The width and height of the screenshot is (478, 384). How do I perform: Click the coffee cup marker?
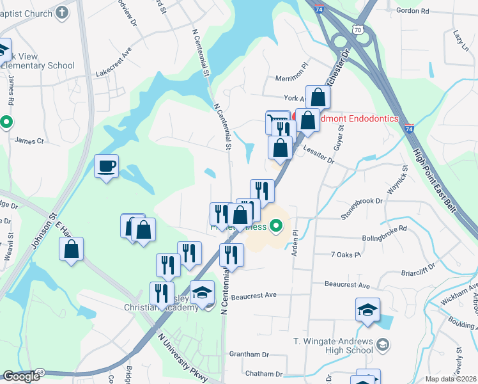tap(106, 167)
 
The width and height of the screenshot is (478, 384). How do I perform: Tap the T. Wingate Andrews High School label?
tap(332, 346)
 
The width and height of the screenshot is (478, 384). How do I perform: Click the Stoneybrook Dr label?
tap(361, 209)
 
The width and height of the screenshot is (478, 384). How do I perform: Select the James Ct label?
tap(29, 141)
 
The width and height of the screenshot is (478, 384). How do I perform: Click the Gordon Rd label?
tap(412, 11)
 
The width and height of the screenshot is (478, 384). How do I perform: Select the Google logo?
tap(21, 376)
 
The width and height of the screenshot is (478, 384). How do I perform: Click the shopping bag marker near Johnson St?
tap(72, 249)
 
